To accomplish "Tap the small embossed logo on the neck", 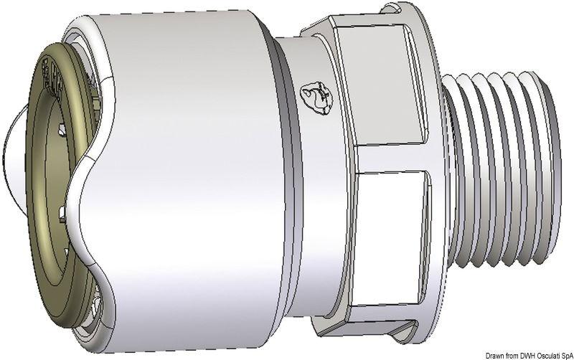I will [316, 96].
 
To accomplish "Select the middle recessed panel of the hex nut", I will [395, 215].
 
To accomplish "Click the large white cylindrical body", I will [194, 179].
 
